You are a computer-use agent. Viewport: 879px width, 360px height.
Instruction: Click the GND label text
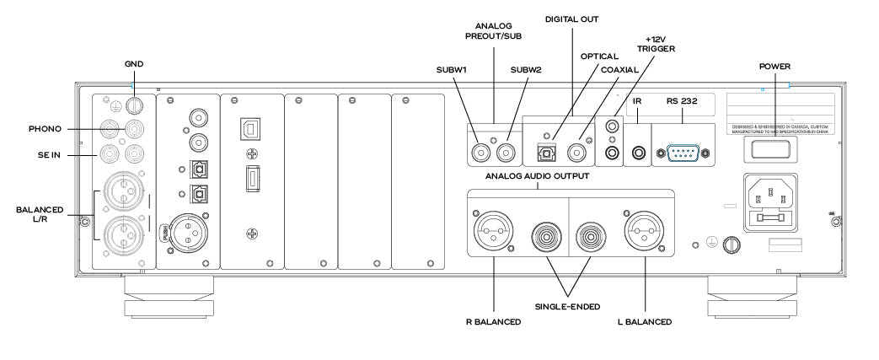click(x=133, y=64)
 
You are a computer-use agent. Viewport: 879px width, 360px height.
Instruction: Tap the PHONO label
click(x=45, y=129)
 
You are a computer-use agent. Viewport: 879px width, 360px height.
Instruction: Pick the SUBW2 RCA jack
click(x=506, y=153)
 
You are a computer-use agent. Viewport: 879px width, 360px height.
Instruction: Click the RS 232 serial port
click(x=679, y=153)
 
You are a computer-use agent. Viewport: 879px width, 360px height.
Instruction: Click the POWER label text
click(x=774, y=65)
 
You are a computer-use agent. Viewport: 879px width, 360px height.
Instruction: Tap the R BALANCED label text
click(x=491, y=321)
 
